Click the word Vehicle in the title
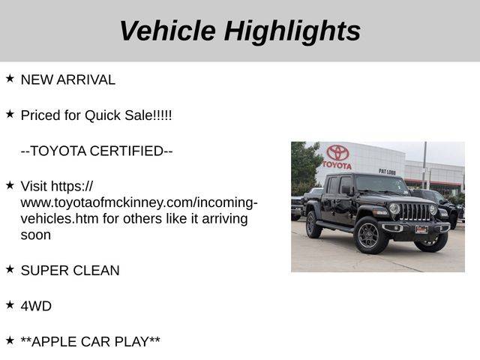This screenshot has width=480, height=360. click(168, 31)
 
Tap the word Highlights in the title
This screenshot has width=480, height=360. click(292, 32)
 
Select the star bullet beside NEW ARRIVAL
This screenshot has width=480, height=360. click(10, 78)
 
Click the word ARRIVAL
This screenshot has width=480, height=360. click(85, 80)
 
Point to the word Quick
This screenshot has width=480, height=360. click(103, 115)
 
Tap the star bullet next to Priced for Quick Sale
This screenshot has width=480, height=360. click(10, 114)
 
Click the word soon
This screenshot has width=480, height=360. click(36, 235)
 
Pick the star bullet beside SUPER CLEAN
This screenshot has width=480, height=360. click(10, 269)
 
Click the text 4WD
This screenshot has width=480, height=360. click(36, 306)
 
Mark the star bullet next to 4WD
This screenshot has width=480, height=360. click(10, 304)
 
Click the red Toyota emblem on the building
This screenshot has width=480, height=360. click(337, 152)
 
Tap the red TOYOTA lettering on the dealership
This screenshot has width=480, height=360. click(337, 165)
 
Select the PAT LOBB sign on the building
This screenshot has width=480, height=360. click(387, 172)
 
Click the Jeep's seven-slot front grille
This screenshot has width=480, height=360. click(415, 212)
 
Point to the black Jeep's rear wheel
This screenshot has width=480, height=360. click(313, 225)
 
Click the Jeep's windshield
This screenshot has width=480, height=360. click(381, 184)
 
